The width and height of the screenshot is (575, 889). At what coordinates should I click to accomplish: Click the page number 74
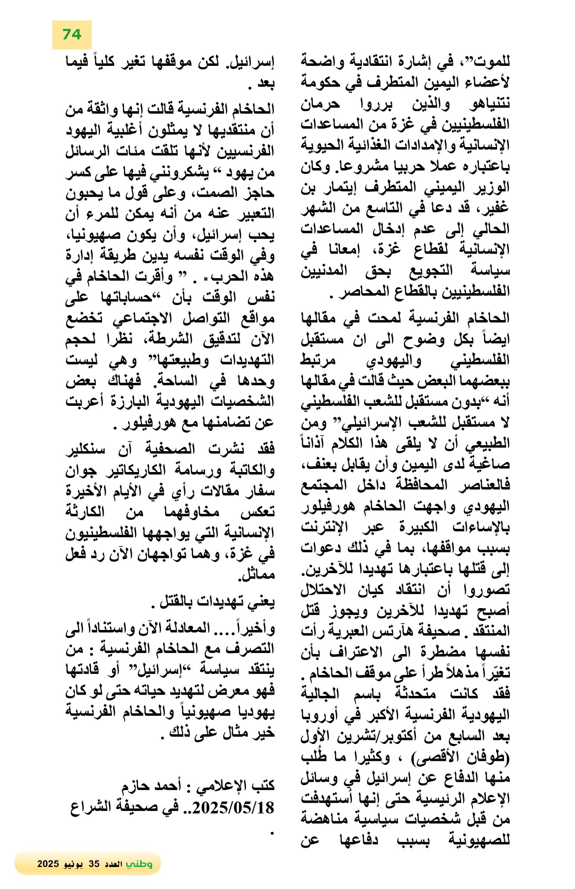pos(72,35)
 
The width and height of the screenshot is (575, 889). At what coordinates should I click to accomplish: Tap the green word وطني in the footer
pos(139,863)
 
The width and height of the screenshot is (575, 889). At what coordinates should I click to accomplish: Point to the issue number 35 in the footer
pos(94,863)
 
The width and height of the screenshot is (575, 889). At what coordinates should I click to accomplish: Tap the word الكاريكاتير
pos(134,470)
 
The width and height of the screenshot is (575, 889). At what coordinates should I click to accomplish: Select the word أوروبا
pos(321,715)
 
